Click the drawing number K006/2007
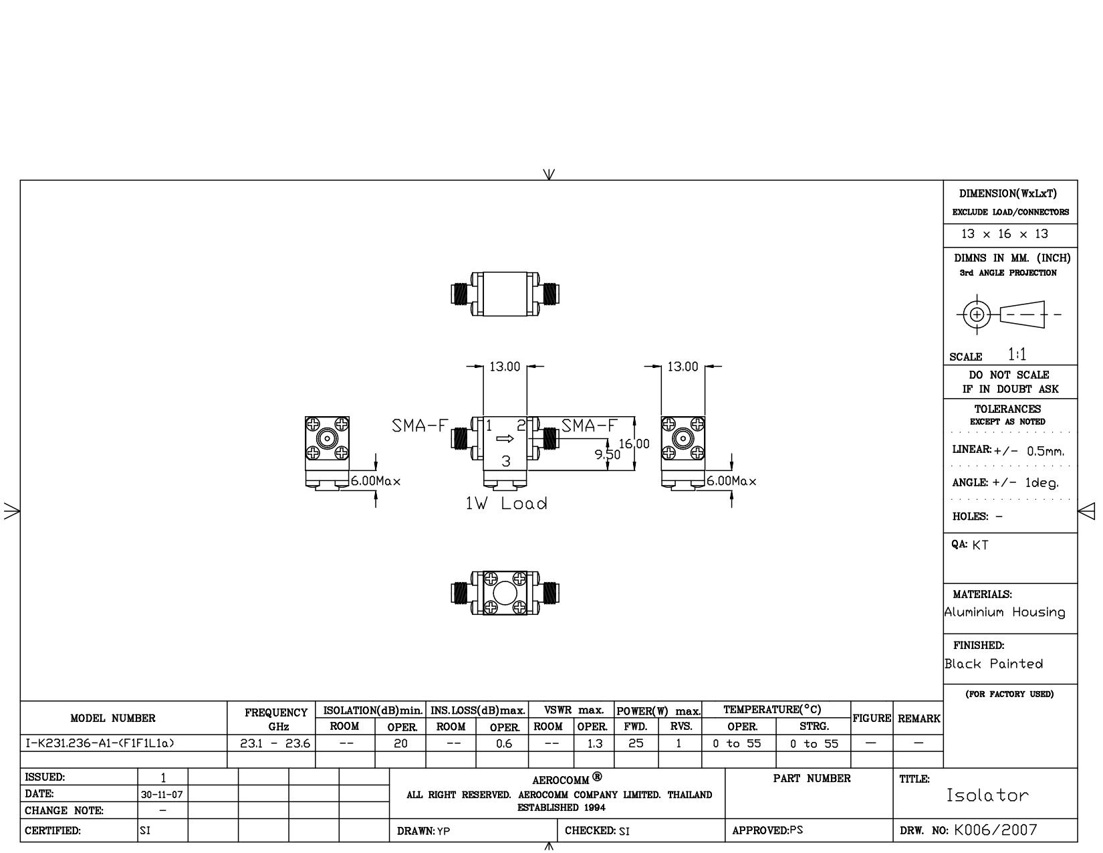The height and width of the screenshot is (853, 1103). tap(995, 830)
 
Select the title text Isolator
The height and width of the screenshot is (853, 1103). tap(987, 795)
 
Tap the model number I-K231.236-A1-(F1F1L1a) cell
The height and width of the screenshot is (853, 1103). tap(100, 743)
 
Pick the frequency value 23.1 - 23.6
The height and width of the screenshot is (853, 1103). tap(275, 743)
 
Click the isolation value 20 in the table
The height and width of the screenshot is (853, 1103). tap(400, 743)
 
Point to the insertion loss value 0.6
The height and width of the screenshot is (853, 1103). tap(503, 744)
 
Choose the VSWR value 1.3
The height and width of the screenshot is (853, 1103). tap(594, 744)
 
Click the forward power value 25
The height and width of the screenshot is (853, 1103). tap(636, 743)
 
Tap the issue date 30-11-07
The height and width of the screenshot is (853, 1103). tap(162, 794)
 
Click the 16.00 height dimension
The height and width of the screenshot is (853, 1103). tap(634, 444)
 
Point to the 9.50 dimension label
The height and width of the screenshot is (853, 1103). tap(608, 454)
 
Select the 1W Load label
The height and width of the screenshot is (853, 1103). tap(507, 503)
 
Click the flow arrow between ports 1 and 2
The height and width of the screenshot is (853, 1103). tap(505, 438)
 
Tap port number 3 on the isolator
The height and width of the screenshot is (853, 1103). tap(505, 461)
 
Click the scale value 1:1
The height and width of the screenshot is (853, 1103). tap(1017, 354)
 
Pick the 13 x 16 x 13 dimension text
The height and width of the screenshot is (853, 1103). tap(1005, 233)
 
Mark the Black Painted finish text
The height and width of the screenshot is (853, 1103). tap(993, 664)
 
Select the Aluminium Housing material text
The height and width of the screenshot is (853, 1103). tap(1005, 612)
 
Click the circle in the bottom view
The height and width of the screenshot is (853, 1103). tap(505, 593)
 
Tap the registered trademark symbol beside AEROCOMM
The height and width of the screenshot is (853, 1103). tap(597, 776)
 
